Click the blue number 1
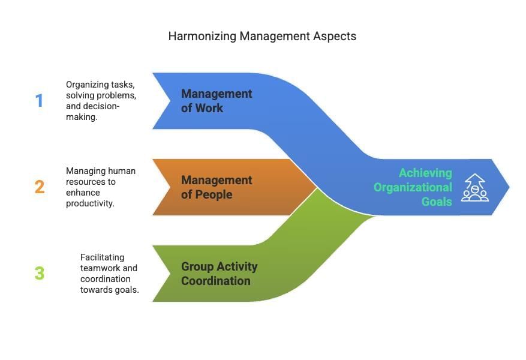pos(40,100)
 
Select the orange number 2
pos(40,187)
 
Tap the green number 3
pos(40,273)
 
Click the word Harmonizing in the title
pos(202,36)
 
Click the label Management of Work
pos(217,101)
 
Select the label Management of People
pos(217,187)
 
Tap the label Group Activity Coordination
pos(220,274)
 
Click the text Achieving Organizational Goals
pos(413,187)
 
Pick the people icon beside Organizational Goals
pos(474,188)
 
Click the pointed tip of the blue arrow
pos(508,187)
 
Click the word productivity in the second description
pos(90,203)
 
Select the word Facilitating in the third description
pos(103,257)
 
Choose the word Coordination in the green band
pos(216,281)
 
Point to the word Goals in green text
pos(437,202)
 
